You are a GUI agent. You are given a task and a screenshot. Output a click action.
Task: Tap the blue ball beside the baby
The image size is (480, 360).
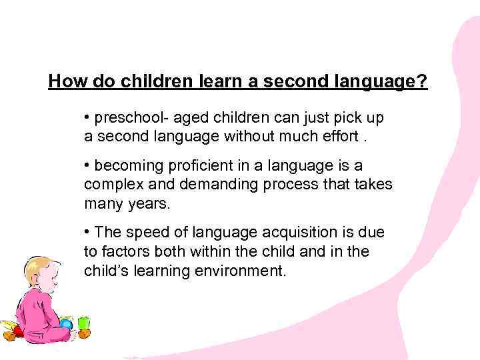(x=65, y=325)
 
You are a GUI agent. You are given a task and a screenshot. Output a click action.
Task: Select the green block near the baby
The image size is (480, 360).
(x=83, y=323)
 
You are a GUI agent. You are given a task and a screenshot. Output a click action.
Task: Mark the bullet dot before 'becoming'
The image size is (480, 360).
(x=87, y=165)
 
